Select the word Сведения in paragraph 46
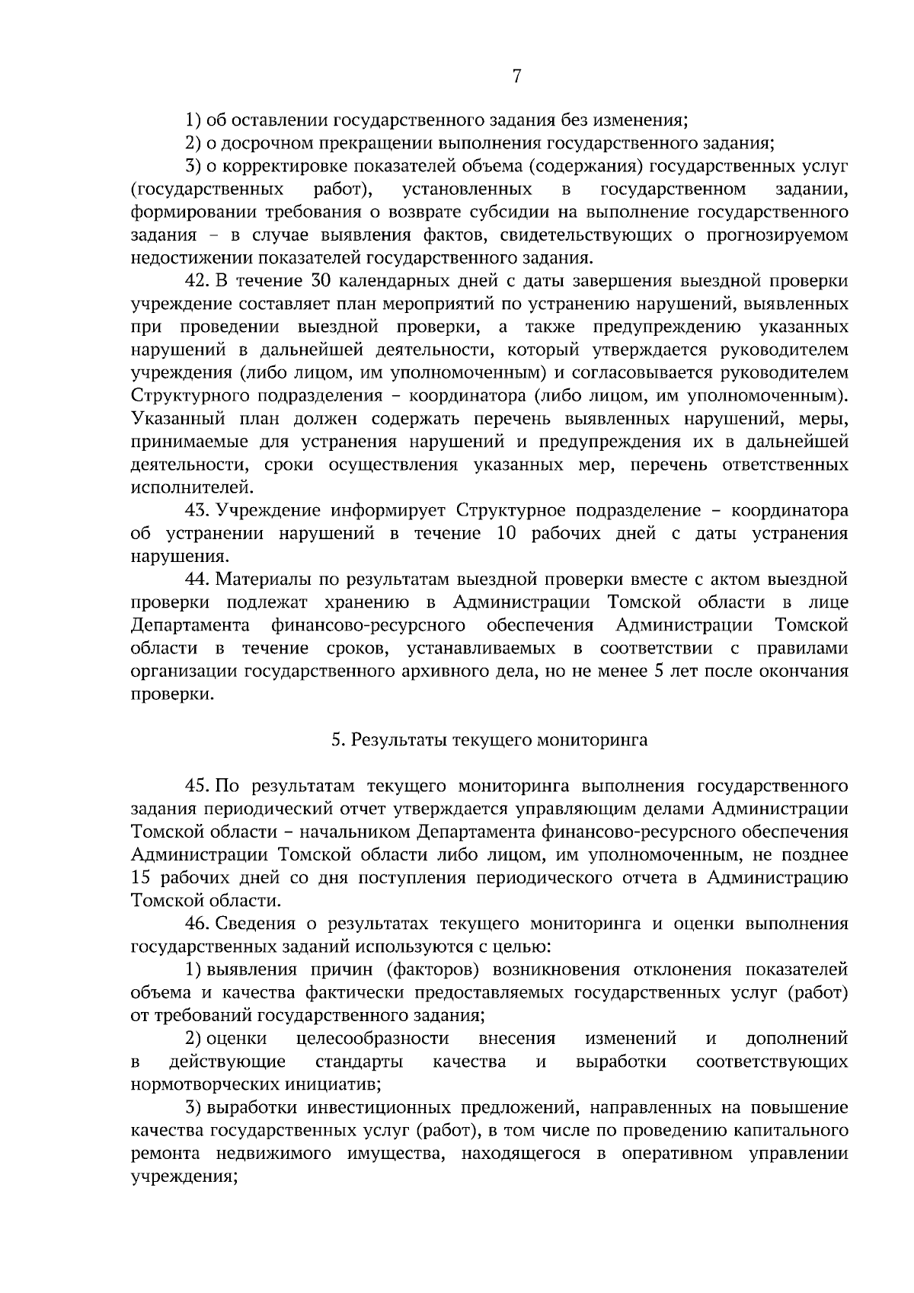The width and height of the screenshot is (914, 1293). pyautogui.click(x=255, y=924)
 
